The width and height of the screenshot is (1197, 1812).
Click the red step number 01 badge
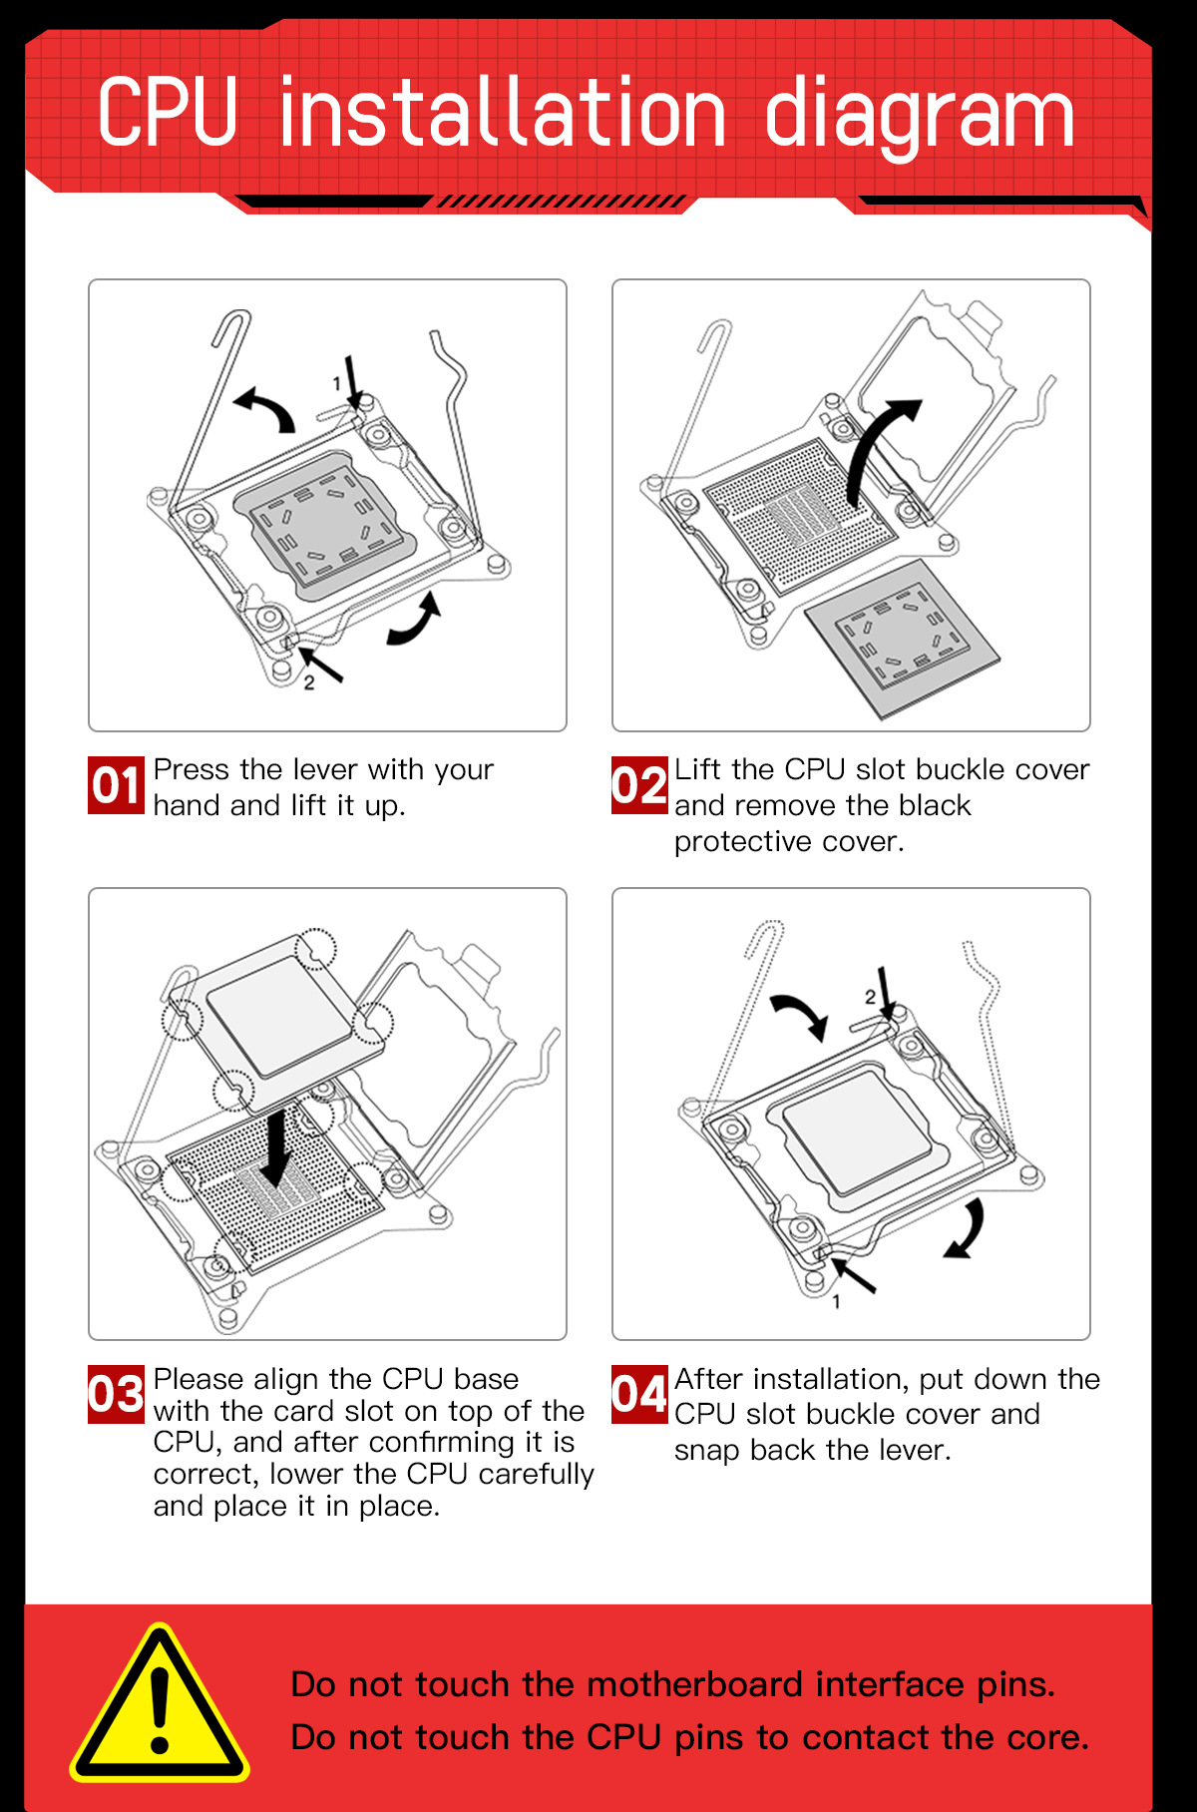(116, 785)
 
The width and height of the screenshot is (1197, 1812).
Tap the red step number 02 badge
(639, 785)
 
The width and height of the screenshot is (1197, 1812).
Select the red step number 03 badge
(116, 1394)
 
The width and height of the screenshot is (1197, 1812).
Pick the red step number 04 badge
(639, 1394)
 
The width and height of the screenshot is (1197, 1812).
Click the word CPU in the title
(168, 113)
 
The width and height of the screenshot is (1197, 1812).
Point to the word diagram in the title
(919, 116)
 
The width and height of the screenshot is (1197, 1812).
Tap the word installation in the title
(502, 113)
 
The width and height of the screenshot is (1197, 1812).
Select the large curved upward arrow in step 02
(878, 449)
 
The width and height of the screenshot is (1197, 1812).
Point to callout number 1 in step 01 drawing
(337, 384)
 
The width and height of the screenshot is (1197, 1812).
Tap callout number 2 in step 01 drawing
(309, 683)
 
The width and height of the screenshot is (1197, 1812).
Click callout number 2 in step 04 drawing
(870, 997)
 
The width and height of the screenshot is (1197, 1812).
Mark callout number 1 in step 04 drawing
(836, 1302)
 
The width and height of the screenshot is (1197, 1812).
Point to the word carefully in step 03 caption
(532, 1474)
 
